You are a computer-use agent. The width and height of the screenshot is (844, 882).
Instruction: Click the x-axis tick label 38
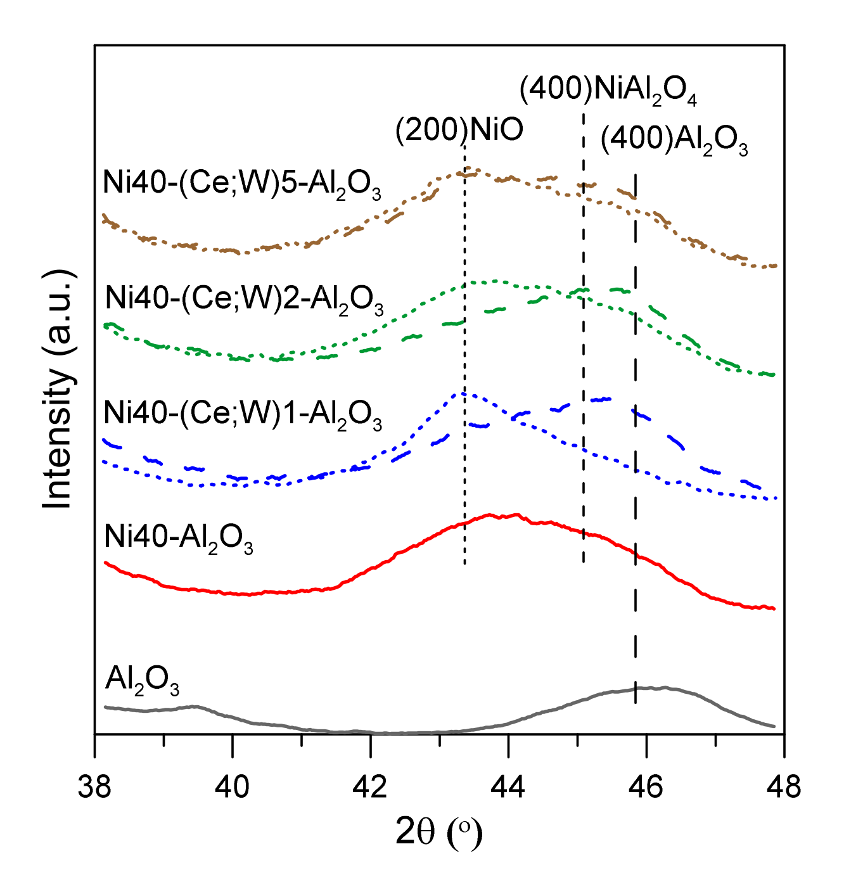(x=94, y=786)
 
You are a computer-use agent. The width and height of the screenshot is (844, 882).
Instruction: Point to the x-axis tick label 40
(x=233, y=786)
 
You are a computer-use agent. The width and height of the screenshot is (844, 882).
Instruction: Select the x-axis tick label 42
(x=371, y=786)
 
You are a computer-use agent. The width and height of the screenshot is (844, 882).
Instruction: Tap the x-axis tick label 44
(x=508, y=786)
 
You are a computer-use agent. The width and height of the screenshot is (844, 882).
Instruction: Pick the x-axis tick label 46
(x=646, y=786)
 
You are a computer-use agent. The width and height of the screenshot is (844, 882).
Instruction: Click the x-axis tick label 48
(x=784, y=786)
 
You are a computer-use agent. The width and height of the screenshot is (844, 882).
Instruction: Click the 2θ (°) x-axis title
(x=438, y=833)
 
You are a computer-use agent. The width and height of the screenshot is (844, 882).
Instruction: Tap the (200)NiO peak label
(x=459, y=130)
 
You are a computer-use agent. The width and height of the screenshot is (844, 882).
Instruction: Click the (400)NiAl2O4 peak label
(x=608, y=91)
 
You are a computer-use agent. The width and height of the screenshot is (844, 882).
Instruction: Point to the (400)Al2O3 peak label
(x=674, y=141)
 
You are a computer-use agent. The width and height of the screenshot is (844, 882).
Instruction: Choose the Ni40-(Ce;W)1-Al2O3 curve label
(x=243, y=416)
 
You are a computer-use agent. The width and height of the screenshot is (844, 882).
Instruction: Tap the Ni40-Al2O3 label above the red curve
(x=179, y=539)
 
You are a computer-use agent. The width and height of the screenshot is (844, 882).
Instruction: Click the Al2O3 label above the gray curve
(x=143, y=681)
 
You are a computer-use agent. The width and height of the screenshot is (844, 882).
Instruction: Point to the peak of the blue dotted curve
(x=461, y=393)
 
